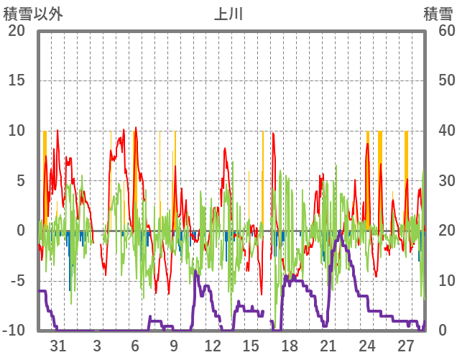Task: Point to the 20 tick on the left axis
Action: click(17, 31)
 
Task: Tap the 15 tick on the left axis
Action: click(17, 80)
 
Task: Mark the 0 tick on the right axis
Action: click(443, 331)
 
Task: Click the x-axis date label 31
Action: click(58, 346)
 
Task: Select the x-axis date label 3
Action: click(97, 346)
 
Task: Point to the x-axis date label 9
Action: click(174, 346)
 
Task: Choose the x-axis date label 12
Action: click(213, 346)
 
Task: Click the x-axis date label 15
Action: click(251, 346)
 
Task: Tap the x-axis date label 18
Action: click(290, 346)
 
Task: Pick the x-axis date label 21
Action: click(328, 346)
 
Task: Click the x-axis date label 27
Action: click(405, 346)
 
